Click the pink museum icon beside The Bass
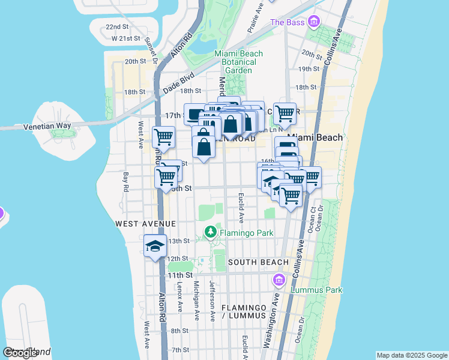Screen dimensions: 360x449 pos(313,23)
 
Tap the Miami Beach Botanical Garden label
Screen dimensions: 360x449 pos(239,62)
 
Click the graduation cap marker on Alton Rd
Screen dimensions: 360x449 pos(155,246)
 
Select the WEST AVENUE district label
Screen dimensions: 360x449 pos(145,224)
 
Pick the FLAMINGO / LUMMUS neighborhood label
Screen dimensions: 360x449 pos(243,311)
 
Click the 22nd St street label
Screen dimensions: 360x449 pos(117,27)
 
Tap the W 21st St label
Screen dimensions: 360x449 pos(120,38)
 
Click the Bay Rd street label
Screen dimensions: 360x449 pos(126,178)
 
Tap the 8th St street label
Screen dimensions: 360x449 pos(179,331)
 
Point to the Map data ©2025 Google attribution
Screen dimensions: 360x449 pos(412,355)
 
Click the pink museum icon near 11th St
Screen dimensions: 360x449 pos(279,280)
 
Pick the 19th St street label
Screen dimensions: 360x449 pos(309,69)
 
